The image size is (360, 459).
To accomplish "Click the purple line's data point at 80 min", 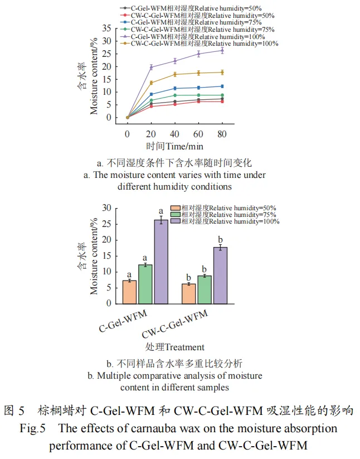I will [222, 50].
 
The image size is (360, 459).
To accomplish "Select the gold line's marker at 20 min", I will [151, 83].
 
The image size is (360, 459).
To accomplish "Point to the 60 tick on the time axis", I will [198, 134].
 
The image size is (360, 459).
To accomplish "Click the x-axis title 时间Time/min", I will [175, 147].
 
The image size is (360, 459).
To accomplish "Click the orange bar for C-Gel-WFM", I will [129, 292].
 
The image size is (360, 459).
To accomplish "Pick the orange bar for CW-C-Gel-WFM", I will [189, 293].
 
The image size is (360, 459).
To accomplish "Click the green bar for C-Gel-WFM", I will [145, 284].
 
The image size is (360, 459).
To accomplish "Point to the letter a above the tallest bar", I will [161, 211].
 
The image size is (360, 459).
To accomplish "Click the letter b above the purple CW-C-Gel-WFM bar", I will [220, 239].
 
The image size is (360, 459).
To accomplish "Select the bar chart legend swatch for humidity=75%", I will [176, 215].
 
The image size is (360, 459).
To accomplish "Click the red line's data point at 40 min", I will [175, 104].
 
